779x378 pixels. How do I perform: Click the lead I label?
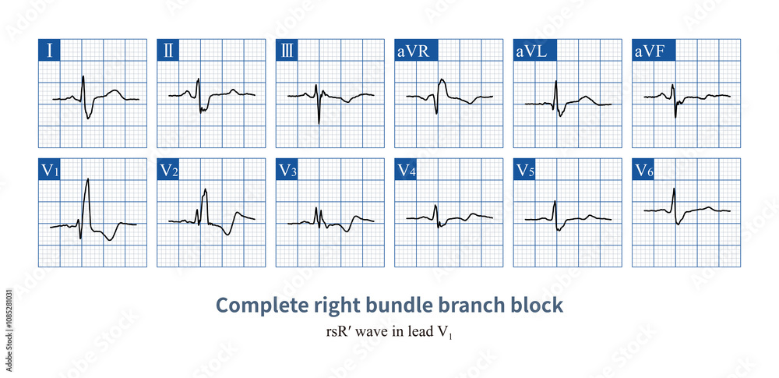[50, 51]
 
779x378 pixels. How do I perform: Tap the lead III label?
[288, 51]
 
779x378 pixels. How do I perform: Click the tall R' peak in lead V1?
[88, 179]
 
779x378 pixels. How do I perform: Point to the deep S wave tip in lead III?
[319, 122]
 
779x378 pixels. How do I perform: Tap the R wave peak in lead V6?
[674, 189]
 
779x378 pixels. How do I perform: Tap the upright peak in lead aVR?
[442, 79]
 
